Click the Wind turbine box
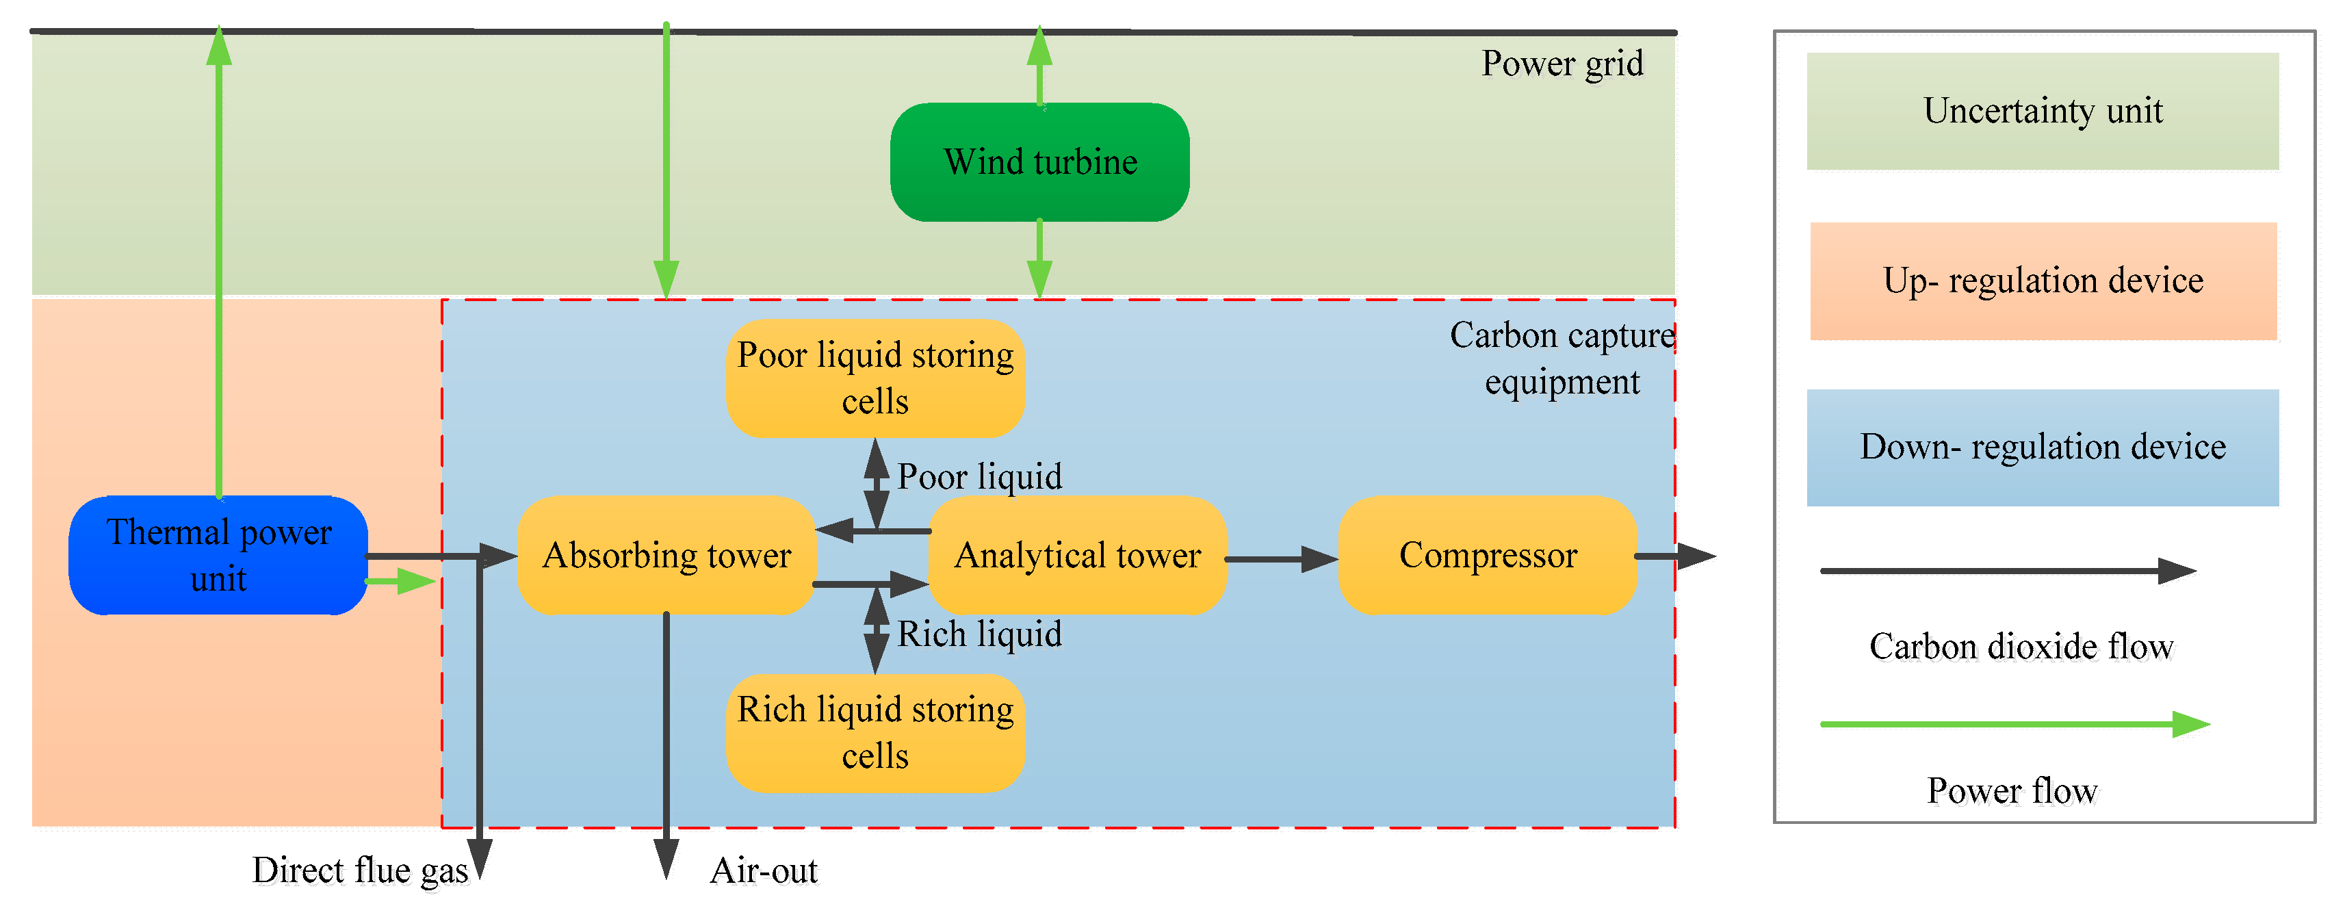1039,162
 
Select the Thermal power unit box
218,556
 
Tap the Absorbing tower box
666,556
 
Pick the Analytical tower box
1078,556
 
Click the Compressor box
1488,556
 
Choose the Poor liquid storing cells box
876,378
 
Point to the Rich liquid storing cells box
876,733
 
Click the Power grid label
1562,64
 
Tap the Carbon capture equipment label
1562,359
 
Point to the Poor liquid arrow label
979,477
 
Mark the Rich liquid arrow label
979,634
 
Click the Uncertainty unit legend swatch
2043,111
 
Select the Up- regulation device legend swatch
2043,281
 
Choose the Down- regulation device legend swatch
2043,447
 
